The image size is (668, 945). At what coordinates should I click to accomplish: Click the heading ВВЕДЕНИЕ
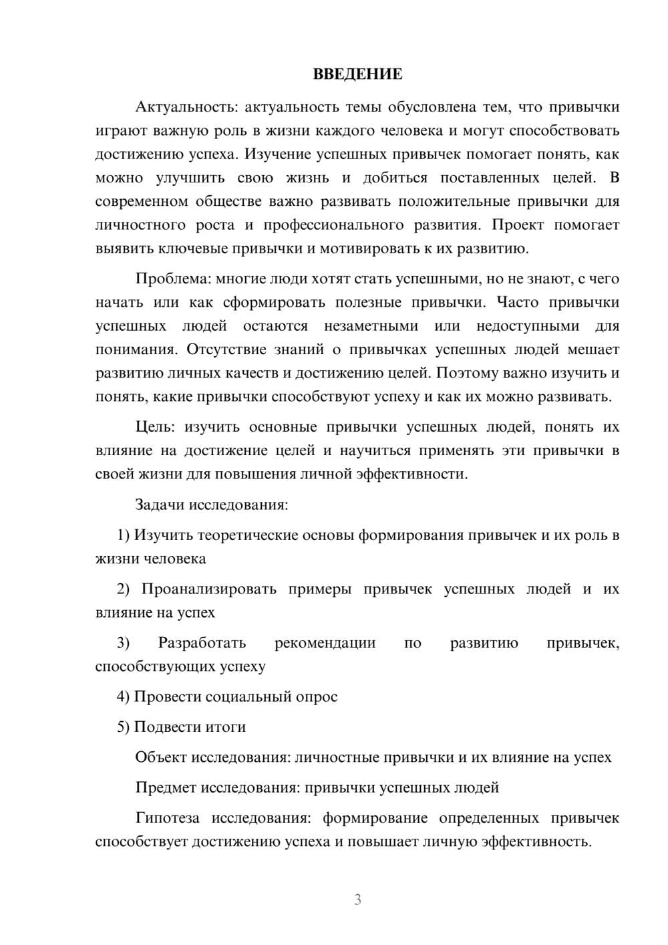[x=357, y=74]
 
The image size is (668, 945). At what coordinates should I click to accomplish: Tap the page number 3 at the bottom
[x=357, y=900]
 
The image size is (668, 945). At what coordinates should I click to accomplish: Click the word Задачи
[x=160, y=505]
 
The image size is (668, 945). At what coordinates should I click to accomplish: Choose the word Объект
[x=161, y=757]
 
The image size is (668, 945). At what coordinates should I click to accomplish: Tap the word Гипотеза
[x=167, y=818]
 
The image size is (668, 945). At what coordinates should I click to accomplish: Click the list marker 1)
[x=124, y=535]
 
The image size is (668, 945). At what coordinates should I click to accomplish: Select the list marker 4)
[x=124, y=697]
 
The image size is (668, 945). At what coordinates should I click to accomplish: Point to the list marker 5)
[x=124, y=727]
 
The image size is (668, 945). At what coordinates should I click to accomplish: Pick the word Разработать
[x=202, y=644]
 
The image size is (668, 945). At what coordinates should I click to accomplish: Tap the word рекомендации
[x=325, y=644]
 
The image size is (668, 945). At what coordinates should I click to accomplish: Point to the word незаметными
[x=371, y=326]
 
